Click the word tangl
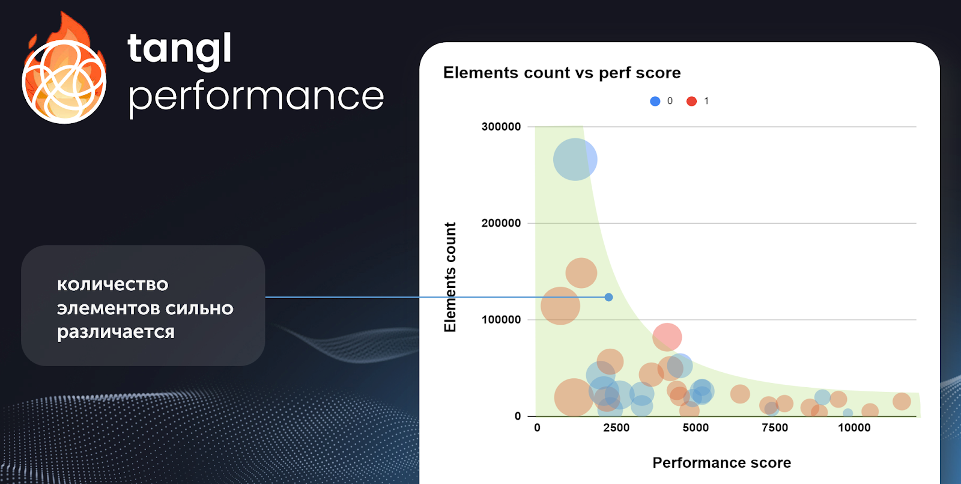pos(180,51)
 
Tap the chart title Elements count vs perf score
pos(562,73)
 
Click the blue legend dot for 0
pos(655,101)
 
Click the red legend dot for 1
pos(691,101)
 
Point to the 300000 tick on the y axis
pos(501,127)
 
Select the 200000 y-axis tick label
pos(501,223)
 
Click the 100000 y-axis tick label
pos(501,319)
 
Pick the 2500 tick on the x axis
pos(616,427)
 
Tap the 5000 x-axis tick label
pos(696,427)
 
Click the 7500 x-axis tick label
pos(775,427)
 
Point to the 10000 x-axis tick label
pos(854,427)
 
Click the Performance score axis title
pos(721,462)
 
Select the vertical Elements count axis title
pos(450,277)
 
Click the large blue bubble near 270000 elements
pos(575,159)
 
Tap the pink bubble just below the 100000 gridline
pos(667,337)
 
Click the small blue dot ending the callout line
pos(608,297)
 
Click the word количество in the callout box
pos(112,284)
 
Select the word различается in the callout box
pos(116,332)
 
